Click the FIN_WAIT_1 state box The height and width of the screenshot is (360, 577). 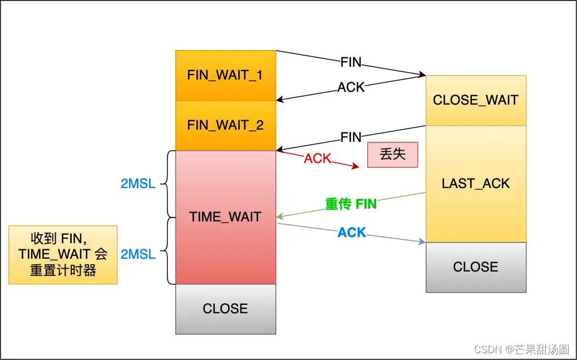tap(225, 75)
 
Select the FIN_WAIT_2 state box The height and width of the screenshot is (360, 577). tap(225, 125)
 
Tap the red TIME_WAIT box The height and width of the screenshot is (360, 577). tap(225, 217)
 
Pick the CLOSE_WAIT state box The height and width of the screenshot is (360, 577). tap(476, 100)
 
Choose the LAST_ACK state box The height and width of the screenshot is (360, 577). tap(476, 184)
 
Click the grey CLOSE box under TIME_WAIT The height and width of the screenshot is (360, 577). tap(225, 309)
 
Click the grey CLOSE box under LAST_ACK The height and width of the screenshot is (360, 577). tap(476, 267)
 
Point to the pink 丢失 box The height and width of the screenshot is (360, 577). tap(392, 154)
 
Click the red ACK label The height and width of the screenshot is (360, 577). tap(317, 159)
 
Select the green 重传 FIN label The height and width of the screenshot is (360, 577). tap(351, 204)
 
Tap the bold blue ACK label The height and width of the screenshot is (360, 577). tap(352, 232)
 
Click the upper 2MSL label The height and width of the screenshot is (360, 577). tap(138, 183)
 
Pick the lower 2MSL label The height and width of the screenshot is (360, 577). tap(138, 254)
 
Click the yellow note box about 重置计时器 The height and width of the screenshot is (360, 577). tap(63, 254)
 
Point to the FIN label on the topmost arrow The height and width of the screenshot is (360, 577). tap(351, 62)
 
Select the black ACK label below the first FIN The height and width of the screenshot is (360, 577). tap(351, 87)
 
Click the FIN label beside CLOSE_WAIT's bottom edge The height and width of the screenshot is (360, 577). tap(351, 137)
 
